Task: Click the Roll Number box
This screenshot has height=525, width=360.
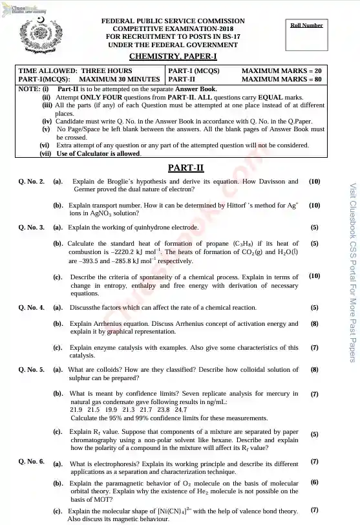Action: pos(306,32)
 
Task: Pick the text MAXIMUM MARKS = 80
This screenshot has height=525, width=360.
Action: pos(281,79)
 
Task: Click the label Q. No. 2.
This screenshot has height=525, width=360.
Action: pos(31,182)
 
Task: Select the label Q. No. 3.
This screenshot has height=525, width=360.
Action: pos(31,228)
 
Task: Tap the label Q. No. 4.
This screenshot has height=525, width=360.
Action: pos(31,308)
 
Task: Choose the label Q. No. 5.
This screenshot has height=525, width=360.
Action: pos(31,370)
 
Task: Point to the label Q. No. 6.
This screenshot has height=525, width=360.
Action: pos(31,462)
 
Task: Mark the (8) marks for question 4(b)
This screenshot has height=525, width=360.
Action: pos(314,323)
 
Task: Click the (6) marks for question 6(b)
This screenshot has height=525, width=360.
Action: pos(314,482)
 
